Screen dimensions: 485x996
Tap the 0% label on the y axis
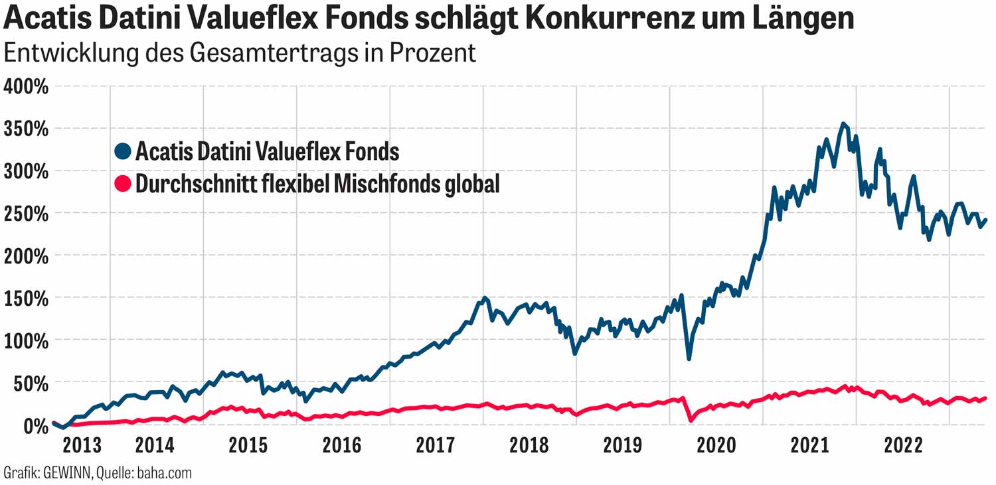[x=33, y=425]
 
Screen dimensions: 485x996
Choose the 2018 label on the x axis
[x=529, y=445]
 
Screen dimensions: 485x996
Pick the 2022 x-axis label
[x=903, y=445]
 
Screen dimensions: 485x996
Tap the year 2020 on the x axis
[x=716, y=445]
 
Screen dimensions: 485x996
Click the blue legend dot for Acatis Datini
[x=123, y=152]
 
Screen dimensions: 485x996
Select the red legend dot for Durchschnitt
[x=123, y=184]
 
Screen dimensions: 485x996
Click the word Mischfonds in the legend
[x=379, y=184]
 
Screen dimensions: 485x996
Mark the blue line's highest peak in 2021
[x=843, y=123]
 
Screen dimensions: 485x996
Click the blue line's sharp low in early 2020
[x=689, y=359]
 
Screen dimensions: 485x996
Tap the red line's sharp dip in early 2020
[x=691, y=420]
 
